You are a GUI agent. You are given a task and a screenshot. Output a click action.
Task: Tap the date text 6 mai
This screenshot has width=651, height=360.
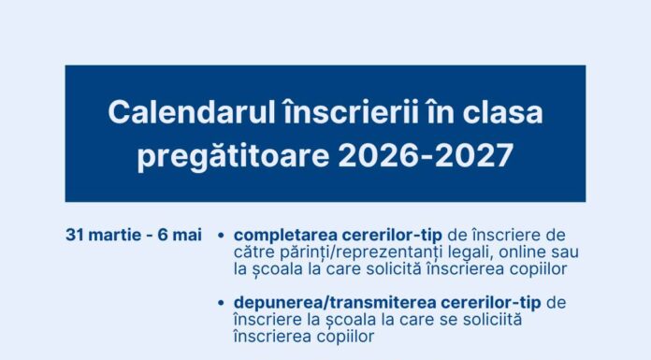(x=181, y=234)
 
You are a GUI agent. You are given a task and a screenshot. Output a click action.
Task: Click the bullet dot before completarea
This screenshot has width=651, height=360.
(x=220, y=235)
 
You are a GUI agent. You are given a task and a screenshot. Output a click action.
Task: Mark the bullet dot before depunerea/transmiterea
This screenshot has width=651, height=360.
(x=220, y=303)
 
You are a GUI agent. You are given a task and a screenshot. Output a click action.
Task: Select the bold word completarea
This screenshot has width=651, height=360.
(x=283, y=234)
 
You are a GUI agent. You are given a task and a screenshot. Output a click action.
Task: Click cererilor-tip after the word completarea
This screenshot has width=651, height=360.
(x=388, y=234)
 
